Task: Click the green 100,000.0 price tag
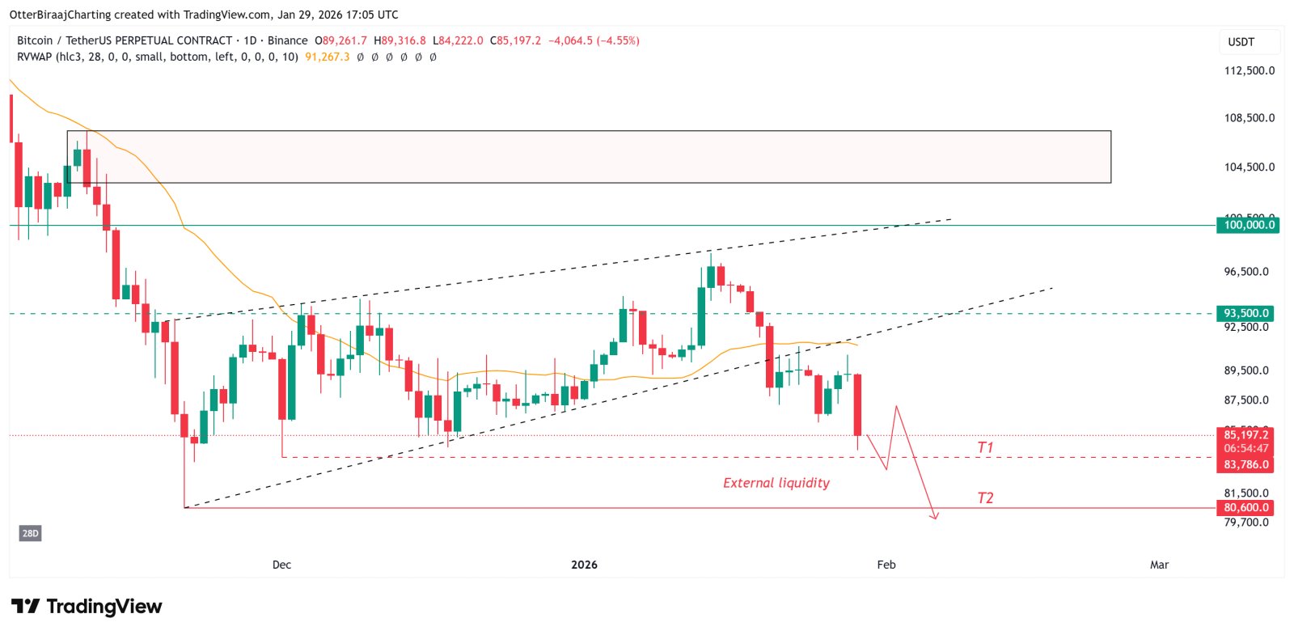(1248, 225)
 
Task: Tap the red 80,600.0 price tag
(1245, 508)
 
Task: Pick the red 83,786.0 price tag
(1245, 464)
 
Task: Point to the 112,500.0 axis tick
(1249, 70)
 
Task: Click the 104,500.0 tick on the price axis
(1249, 167)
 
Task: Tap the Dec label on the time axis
(281, 565)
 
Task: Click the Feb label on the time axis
(886, 565)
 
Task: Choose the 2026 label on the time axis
(584, 565)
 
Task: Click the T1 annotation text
(984, 447)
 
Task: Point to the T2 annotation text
(984, 497)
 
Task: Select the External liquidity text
(776, 483)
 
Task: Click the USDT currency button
(1241, 42)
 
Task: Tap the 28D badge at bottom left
(30, 533)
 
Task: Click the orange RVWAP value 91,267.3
(327, 57)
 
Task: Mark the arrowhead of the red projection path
(936, 517)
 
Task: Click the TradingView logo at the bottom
(87, 607)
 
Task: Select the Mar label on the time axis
(1159, 565)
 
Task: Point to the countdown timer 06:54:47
(1245, 448)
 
